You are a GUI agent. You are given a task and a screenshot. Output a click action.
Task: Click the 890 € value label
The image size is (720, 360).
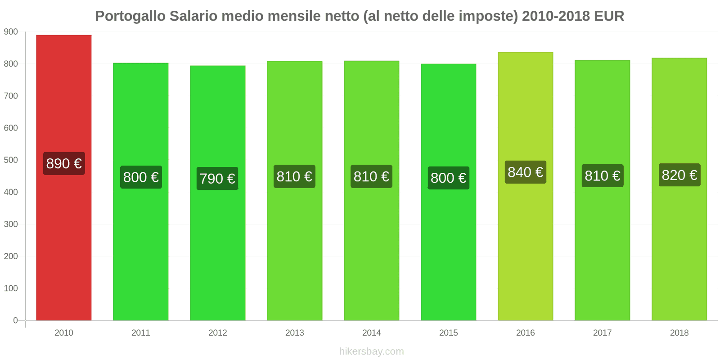[64, 163]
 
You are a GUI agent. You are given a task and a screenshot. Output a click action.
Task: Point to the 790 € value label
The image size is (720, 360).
[217, 179]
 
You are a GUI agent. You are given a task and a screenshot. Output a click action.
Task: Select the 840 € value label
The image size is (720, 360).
[525, 172]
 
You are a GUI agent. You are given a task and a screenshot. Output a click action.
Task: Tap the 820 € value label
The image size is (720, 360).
[679, 175]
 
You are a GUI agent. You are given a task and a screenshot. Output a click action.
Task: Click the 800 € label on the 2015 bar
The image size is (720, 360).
[448, 178]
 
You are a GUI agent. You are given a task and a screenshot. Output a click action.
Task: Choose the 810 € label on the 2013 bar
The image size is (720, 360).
[294, 176]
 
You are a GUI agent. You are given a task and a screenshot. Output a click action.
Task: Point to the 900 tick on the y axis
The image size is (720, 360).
[11, 32]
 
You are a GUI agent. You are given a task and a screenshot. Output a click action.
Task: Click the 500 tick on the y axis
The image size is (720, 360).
[11, 160]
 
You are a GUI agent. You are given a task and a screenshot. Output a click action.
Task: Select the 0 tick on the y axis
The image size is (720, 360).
[15, 320]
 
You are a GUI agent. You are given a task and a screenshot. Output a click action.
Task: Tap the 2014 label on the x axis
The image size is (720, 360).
[371, 333]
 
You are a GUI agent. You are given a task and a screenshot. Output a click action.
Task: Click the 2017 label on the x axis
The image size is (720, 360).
[602, 333]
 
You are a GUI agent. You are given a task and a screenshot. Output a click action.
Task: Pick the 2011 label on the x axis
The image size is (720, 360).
[140, 333]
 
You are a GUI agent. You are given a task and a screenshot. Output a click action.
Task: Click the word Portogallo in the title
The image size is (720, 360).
[130, 16]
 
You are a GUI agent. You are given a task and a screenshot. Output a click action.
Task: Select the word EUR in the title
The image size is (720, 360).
[609, 16]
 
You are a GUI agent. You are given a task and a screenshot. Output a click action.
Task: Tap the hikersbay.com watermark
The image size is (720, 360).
[371, 351]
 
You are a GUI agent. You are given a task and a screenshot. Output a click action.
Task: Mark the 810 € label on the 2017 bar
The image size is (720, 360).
[602, 175]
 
